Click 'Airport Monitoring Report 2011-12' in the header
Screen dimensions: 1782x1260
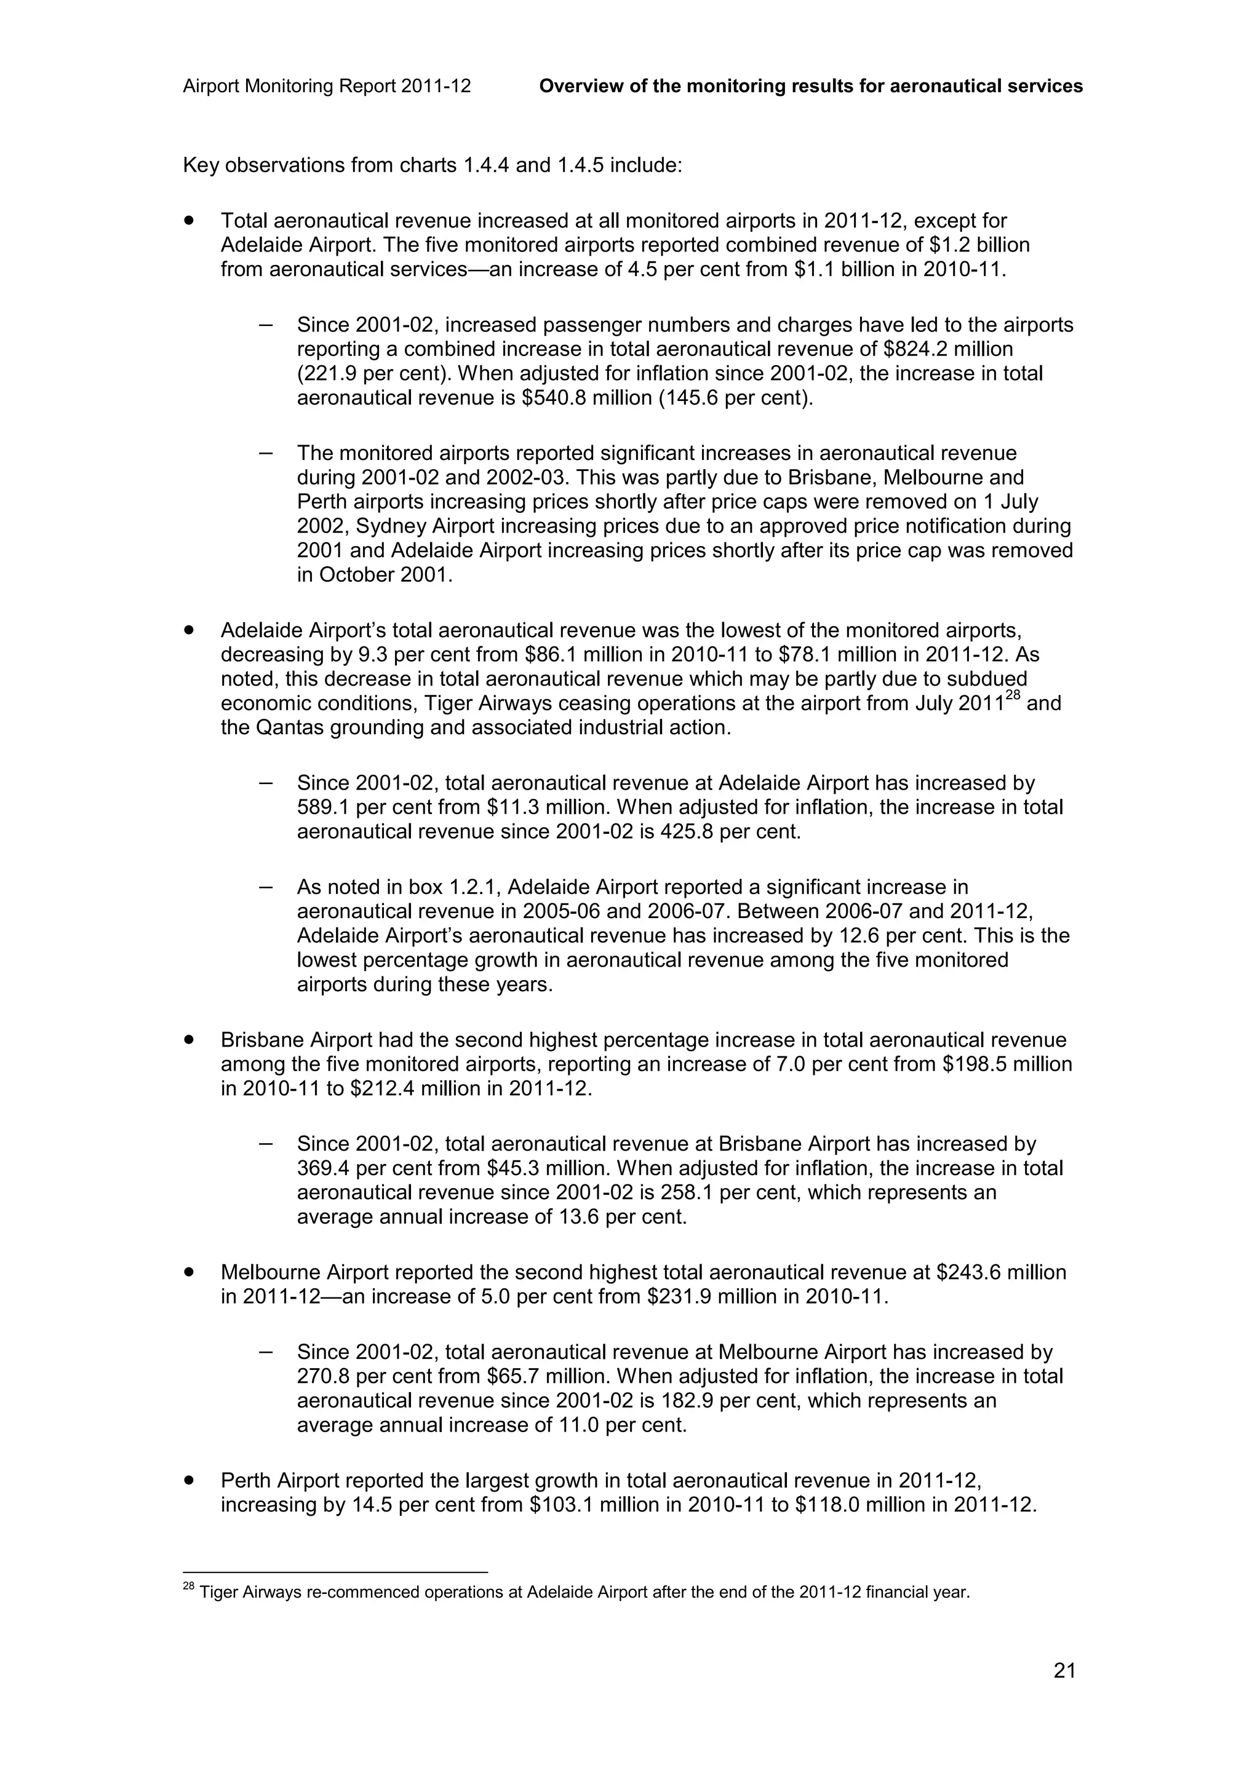pyautogui.click(x=327, y=86)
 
